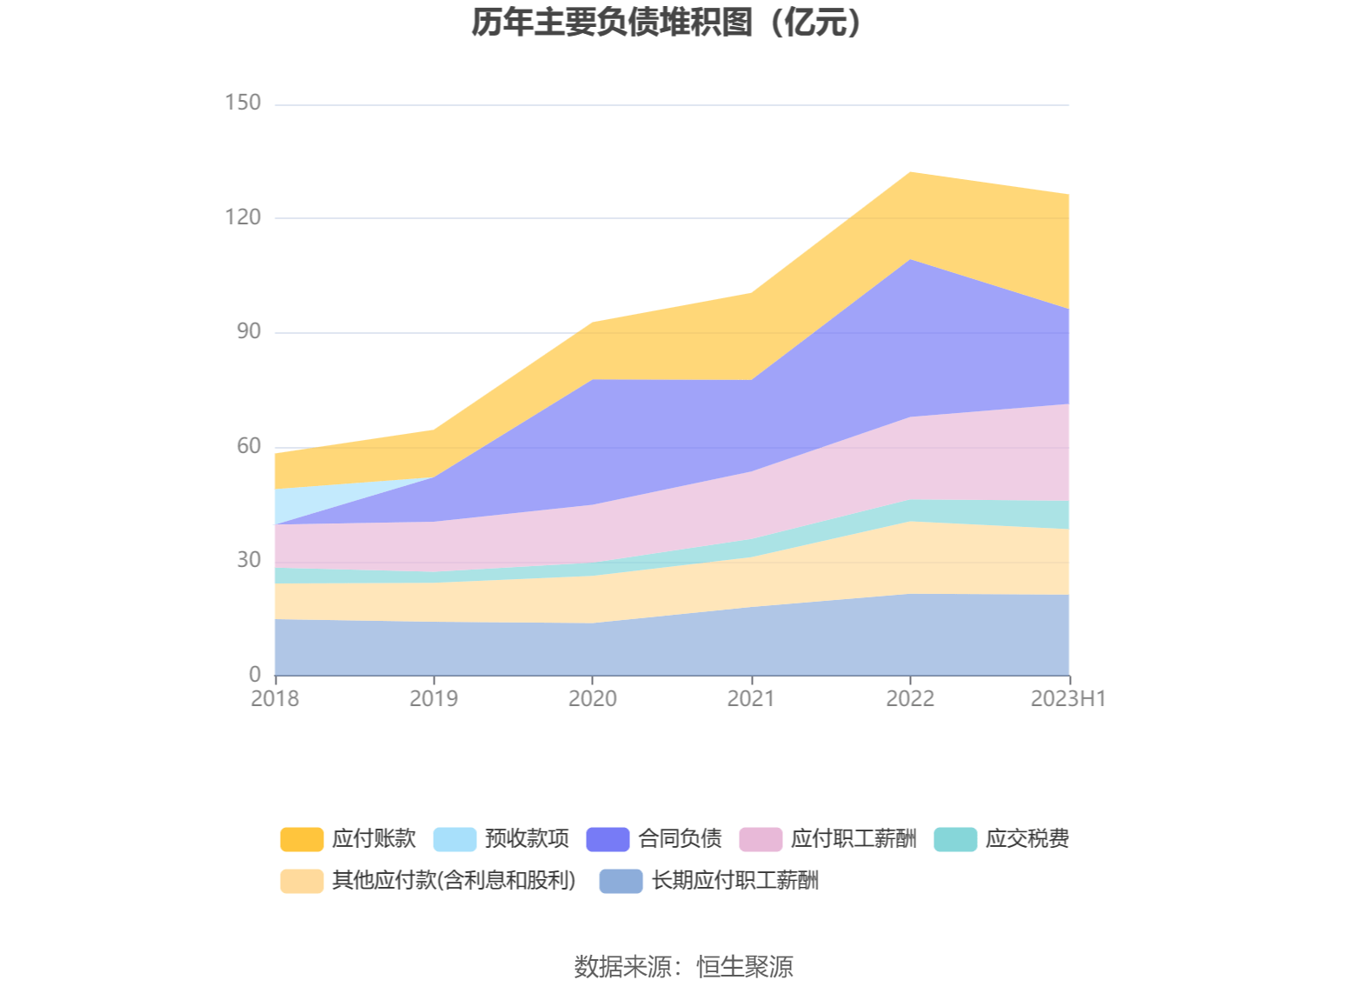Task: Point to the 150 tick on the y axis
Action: [242, 103]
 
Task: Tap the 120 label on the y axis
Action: [242, 217]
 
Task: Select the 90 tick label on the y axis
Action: [249, 331]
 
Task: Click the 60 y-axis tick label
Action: [249, 446]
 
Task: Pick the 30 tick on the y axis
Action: [249, 560]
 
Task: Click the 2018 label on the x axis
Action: [275, 699]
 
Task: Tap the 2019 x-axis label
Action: [434, 699]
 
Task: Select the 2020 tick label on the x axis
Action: [593, 699]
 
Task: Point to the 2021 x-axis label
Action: [751, 699]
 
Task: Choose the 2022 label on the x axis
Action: [910, 699]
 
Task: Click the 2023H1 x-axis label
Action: [1068, 699]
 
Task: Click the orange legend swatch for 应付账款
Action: [302, 839]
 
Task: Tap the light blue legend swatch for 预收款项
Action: [455, 839]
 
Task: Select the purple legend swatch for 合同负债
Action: [608, 839]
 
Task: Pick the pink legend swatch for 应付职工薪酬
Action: [760, 839]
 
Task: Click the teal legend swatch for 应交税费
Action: [955, 839]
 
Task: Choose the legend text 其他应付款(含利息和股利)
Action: [454, 881]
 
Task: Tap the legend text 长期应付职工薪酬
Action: [735, 881]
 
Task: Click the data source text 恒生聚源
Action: [745, 967]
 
